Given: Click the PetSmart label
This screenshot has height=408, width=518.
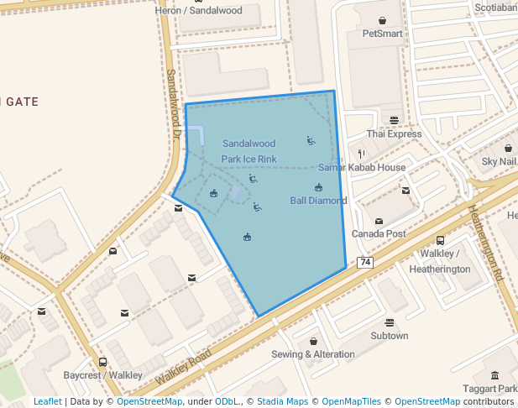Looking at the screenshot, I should tap(382, 34).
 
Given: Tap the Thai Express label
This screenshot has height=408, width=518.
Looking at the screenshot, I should tap(394, 134).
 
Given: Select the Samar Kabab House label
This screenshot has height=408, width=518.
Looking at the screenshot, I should tap(362, 168).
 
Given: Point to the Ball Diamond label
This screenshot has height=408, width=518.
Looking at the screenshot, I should tap(318, 201).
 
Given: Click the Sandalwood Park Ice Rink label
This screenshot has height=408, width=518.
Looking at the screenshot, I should tap(249, 151).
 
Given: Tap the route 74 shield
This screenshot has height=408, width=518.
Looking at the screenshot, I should tap(365, 263).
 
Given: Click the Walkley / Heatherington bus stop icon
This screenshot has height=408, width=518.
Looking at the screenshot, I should tap(440, 241).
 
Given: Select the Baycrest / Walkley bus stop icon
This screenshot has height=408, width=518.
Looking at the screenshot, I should tap(103, 363).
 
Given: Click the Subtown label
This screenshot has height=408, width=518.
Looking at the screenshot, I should tap(390, 336).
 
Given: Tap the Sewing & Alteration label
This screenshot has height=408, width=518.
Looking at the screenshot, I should tap(313, 354).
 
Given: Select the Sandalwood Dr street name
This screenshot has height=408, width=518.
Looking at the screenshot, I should tap(173, 102).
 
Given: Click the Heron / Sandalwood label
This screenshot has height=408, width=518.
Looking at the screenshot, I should tap(199, 11).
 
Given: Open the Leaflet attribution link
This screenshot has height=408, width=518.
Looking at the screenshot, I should tap(47, 401).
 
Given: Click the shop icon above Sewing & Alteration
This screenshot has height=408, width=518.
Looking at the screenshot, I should tap(313, 342).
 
